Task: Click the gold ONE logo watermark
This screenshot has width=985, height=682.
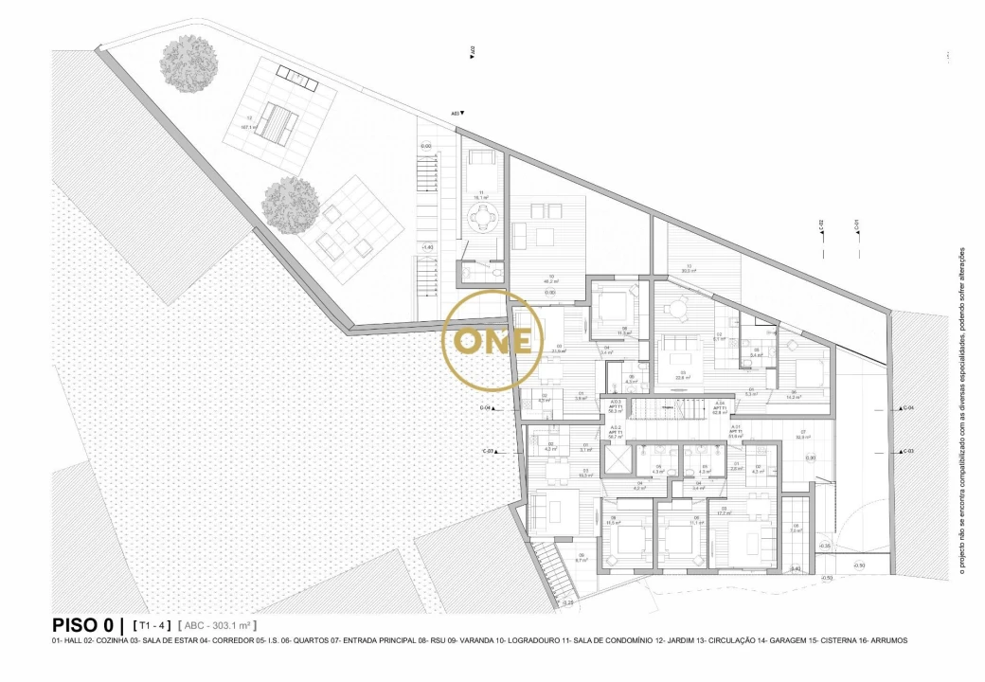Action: click(x=492, y=340)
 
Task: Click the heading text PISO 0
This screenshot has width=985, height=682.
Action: click(x=85, y=625)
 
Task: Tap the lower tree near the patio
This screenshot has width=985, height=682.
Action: click(x=291, y=204)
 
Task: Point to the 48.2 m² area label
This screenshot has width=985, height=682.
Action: click(x=548, y=281)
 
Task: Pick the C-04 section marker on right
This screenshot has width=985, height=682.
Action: click(x=907, y=407)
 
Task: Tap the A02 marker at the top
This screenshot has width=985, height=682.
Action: click(x=472, y=51)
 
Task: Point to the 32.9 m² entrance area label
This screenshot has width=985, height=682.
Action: click(x=803, y=437)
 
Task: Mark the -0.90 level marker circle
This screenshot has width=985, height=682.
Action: click(x=859, y=565)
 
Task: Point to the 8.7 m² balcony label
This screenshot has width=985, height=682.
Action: click(x=582, y=558)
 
